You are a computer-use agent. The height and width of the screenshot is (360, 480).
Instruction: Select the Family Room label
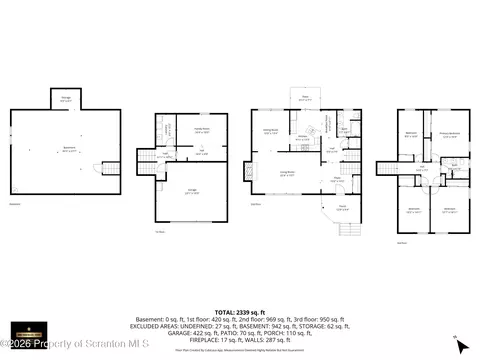pyautogui.click(x=200, y=130)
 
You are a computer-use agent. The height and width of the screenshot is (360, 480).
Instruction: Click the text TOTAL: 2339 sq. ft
pyautogui.click(x=239, y=313)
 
